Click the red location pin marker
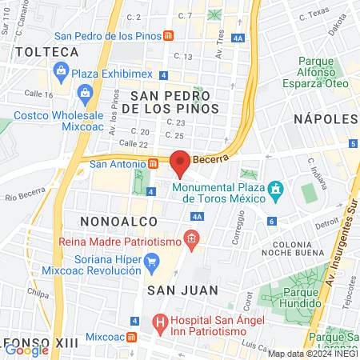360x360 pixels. tap(181, 162)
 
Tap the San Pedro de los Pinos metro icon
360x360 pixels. tap(168, 36)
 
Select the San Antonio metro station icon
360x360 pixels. tap(152, 164)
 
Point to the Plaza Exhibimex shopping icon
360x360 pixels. tap(62, 73)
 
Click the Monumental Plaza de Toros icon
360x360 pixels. tap(275, 189)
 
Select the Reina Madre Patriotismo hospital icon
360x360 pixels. tap(190, 238)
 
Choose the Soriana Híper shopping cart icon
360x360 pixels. tap(151, 260)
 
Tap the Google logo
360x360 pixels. tap(26, 349)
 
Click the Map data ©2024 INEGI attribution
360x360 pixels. tap(313, 354)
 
